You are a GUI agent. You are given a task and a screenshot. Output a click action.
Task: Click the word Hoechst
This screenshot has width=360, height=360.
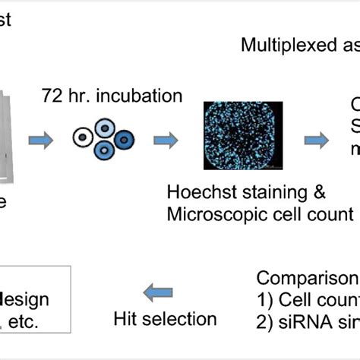pyautogui.click(x=203, y=194)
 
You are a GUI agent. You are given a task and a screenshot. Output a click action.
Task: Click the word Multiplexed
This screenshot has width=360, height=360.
pyautogui.click(x=281, y=45)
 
